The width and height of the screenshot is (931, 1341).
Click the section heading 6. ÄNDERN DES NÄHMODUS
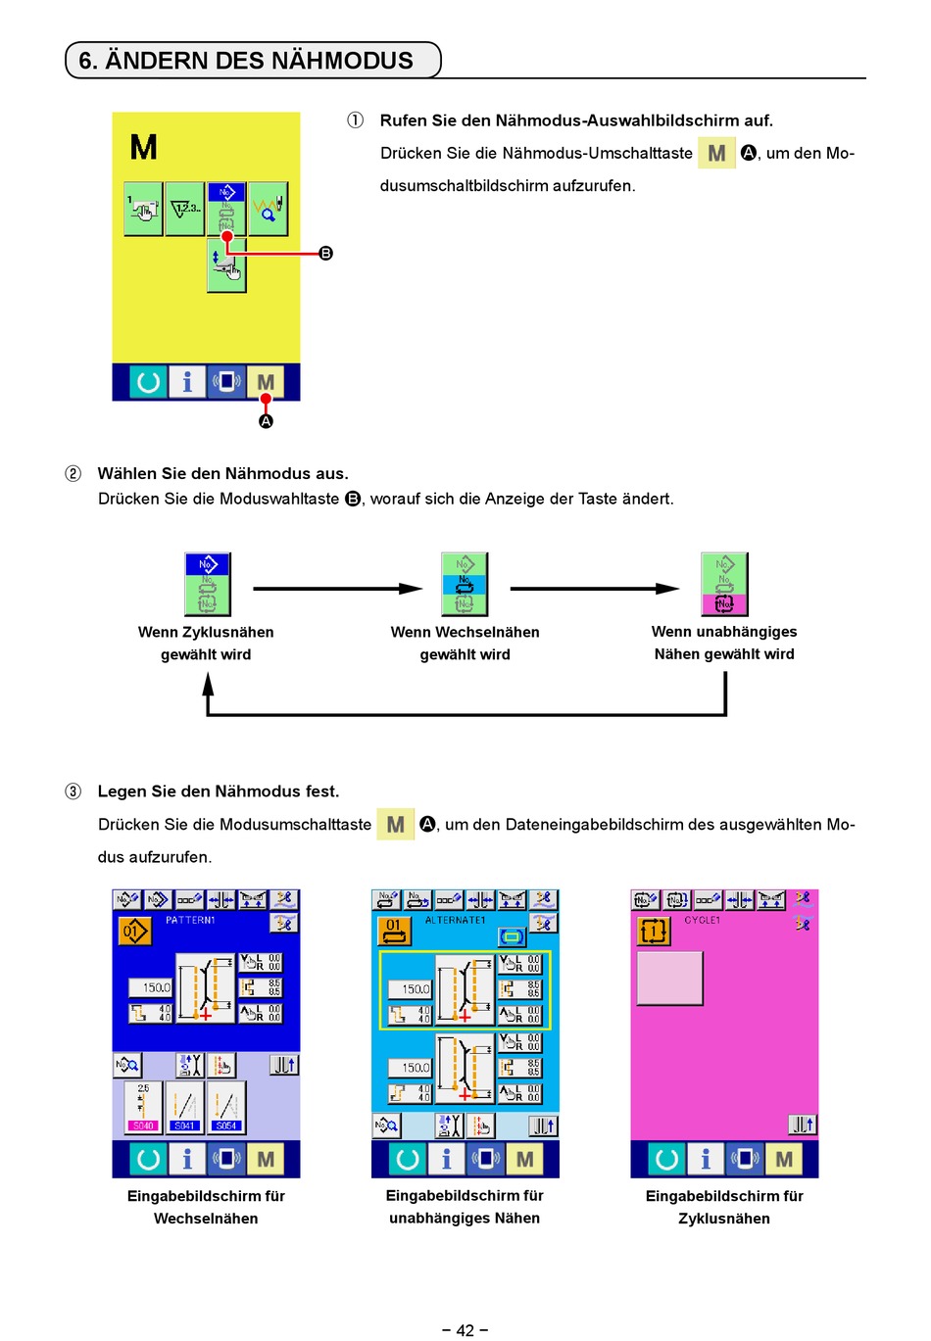246,61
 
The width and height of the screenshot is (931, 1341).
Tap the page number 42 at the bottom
465,1329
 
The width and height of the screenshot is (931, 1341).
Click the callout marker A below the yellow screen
266,421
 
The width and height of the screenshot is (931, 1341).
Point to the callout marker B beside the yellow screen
326,254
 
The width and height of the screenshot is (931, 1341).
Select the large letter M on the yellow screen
144,148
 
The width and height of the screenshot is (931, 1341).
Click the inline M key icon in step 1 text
716,154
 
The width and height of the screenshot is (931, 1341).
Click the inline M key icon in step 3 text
395,825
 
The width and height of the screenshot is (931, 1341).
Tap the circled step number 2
73,474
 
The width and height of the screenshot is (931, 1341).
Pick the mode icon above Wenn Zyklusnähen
207,584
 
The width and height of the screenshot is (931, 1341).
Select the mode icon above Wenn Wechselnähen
465,584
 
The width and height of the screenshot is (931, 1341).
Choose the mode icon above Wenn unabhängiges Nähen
724,584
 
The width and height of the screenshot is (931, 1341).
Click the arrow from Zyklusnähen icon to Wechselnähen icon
338,589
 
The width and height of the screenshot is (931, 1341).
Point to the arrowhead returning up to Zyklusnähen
208,683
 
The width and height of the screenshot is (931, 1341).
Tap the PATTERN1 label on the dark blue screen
190,921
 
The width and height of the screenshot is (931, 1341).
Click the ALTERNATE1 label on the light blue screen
455,921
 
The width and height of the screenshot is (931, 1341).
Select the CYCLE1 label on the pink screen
702,921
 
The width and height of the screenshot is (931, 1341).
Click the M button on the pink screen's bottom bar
784,1160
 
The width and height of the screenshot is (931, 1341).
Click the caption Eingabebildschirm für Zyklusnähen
724,1207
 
